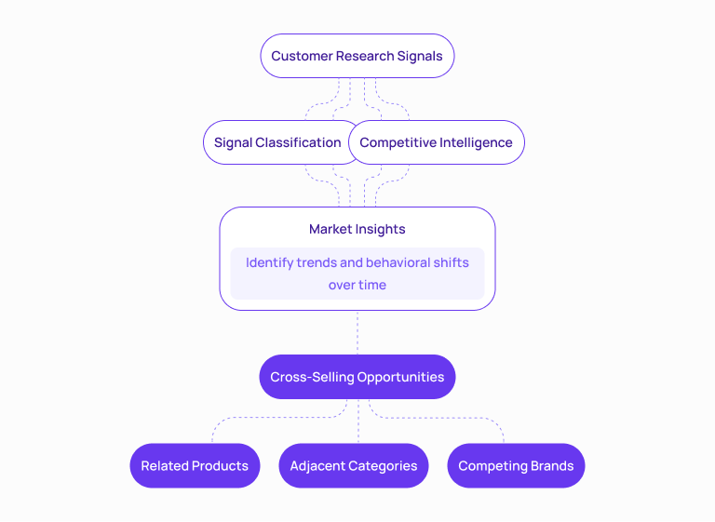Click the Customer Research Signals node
tap(357, 56)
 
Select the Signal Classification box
tap(277, 142)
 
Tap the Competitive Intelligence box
tap(436, 142)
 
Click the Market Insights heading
tap(357, 229)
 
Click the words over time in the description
tap(357, 285)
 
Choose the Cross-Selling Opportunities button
tap(357, 377)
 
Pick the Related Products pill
tap(195, 465)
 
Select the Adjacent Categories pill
tap(354, 465)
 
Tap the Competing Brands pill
tap(516, 465)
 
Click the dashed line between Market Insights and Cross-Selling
tap(357, 332)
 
